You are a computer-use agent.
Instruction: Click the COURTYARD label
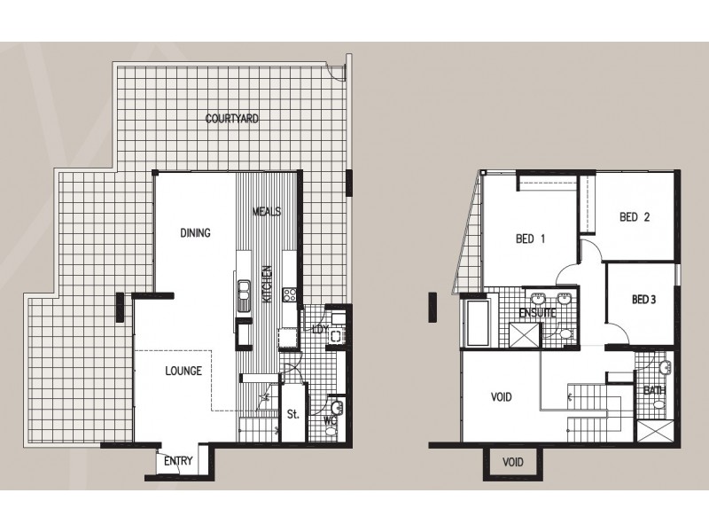pos(232,119)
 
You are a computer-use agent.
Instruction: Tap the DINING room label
pos(195,233)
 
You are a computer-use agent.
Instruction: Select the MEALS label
pos(267,211)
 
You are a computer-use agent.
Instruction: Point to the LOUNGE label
pos(183,371)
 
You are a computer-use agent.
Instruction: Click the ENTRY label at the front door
pos(178,461)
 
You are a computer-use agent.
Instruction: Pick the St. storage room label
pos(293,414)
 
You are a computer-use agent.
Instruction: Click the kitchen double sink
pos(245,296)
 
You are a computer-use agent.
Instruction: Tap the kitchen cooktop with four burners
pos(290,295)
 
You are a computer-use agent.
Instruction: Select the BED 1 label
pos(530,239)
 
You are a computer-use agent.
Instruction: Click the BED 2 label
pos(635,217)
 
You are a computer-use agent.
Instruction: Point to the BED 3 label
pos(644,300)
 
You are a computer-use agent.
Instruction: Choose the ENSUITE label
pos(537,313)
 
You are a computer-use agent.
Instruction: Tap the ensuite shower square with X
pos(525,335)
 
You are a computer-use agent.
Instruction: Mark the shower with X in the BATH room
pos(655,431)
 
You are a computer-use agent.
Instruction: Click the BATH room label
pos(654,390)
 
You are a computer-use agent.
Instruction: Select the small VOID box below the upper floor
pos(513,462)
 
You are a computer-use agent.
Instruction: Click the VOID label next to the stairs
pos(502,397)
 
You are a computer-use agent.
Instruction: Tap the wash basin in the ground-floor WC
pos(337,408)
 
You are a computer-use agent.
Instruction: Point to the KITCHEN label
pos(268,284)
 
